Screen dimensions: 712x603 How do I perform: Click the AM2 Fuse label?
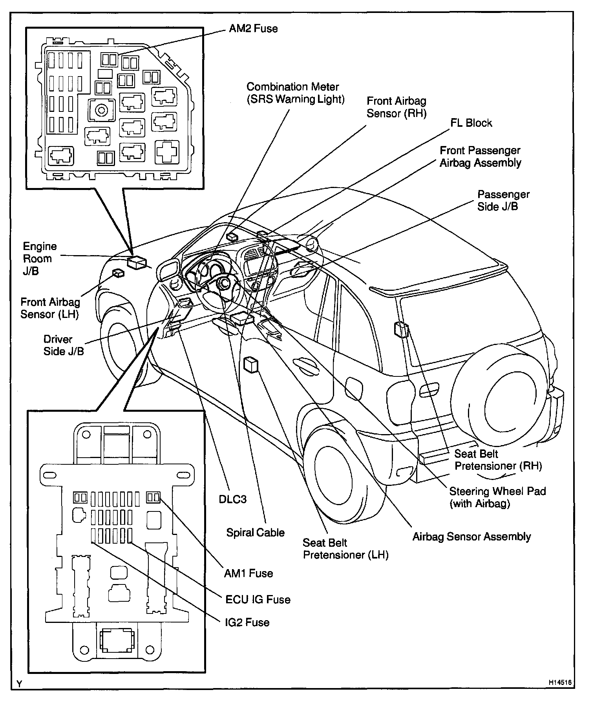253,29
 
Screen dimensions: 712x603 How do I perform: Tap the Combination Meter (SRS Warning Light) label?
295,93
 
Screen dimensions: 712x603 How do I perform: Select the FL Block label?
471,123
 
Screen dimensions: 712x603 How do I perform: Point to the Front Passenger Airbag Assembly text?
480,157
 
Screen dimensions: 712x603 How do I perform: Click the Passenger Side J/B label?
503,200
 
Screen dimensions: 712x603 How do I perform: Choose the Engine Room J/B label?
39,259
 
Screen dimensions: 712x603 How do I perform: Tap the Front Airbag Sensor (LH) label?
50,308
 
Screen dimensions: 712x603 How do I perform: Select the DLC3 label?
232,499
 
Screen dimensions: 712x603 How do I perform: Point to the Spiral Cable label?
255,533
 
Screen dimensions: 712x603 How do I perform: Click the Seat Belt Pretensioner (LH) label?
345,549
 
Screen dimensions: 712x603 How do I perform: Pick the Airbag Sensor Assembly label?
471,537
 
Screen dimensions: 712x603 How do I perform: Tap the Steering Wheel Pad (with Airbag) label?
497,497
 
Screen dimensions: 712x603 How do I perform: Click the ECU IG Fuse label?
258,600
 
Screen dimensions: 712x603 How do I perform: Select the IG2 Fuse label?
247,623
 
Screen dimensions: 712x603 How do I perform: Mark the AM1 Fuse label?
248,573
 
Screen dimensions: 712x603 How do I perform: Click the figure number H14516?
559,683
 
